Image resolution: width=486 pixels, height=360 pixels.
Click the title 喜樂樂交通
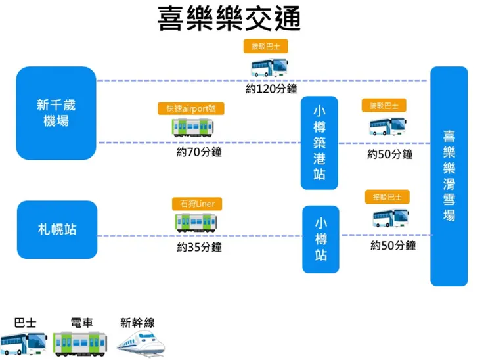(x=229, y=20)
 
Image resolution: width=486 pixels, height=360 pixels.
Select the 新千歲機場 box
(x=56, y=112)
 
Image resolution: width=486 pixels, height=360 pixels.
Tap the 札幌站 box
(x=56, y=229)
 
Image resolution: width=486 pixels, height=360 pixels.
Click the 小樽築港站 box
(x=319, y=143)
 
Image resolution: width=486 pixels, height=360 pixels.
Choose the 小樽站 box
(x=320, y=238)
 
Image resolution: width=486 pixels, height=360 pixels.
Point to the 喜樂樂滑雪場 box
(x=449, y=175)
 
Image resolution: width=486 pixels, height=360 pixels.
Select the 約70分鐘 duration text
(x=199, y=152)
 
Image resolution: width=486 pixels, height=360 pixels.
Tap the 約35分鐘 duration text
(x=199, y=247)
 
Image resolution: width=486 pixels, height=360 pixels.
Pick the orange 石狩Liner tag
(x=197, y=203)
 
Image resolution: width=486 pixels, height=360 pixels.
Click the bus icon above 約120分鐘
(x=269, y=66)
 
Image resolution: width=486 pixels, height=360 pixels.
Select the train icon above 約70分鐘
(x=193, y=127)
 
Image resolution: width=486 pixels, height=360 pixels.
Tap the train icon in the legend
(x=79, y=342)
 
